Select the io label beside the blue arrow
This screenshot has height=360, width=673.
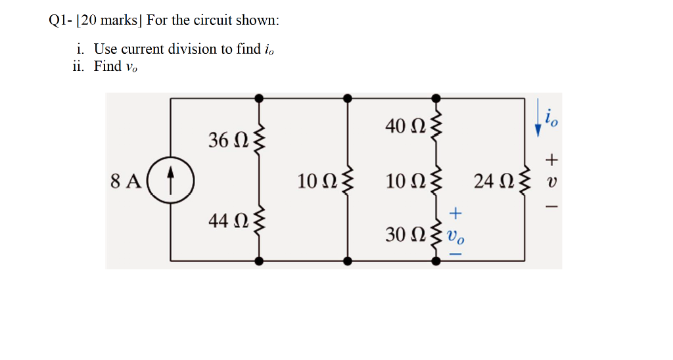point(553,118)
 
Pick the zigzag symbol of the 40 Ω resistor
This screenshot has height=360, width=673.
point(434,124)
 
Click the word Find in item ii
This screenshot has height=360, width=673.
point(108,66)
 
